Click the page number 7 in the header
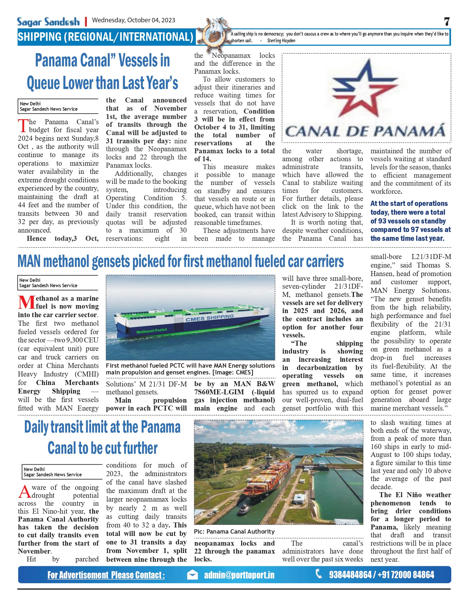(x=447, y=22)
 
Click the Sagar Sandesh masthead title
(x=48, y=22)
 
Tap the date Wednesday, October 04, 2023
(x=134, y=20)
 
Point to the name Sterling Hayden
(x=281, y=41)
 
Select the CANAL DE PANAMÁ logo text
(x=366, y=131)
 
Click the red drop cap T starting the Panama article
(x=23, y=125)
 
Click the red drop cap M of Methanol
(x=26, y=302)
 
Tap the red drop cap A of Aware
(x=24, y=491)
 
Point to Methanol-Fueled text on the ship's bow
(x=151, y=331)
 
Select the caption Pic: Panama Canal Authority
(x=234, y=532)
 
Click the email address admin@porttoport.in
(x=239, y=575)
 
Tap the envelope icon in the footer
(x=192, y=575)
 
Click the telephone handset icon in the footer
(x=319, y=574)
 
